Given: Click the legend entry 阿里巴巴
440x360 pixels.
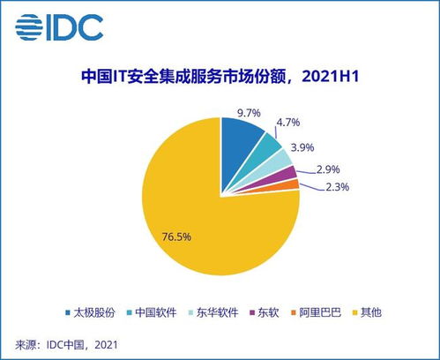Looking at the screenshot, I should (x=320, y=311).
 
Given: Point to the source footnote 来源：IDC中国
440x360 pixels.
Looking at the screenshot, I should (x=66, y=342).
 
